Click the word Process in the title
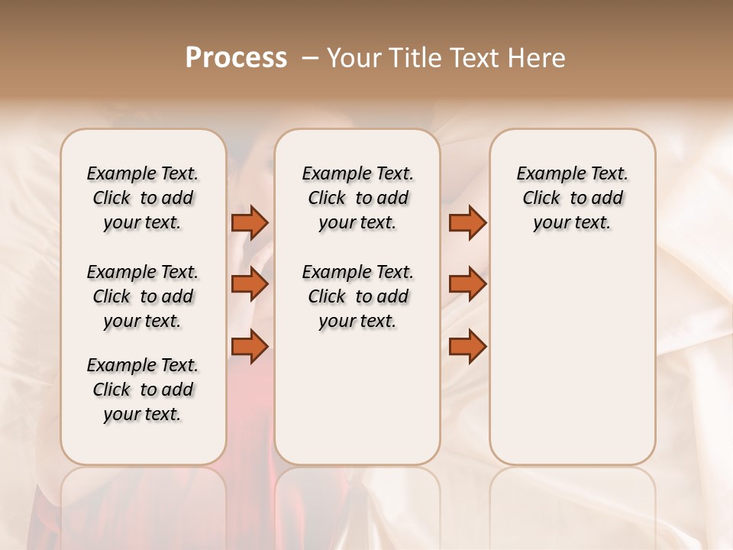pyautogui.click(x=236, y=58)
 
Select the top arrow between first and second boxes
pyautogui.click(x=250, y=222)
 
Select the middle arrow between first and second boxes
pyautogui.click(x=250, y=284)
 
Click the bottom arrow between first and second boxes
pyautogui.click(x=250, y=346)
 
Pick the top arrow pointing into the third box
pyautogui.click(x=467, y=222)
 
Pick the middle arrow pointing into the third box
pyautogui.click(x=467, y=284)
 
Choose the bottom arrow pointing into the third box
pyautogui.click(x=467, y=346)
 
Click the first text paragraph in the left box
pyautogui.click(x=143, y=198)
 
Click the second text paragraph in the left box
pyautogui.click(x=143, y=296)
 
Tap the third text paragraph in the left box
pyautogui.click(x=143, y=390)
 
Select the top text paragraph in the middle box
pyautogui.click(x=357, y=198)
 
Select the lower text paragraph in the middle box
pyautogui.click(x=357, y=296)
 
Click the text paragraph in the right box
pyautogui.click(x=572, y=198)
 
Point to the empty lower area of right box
pyautogui.click(x=572, y=367)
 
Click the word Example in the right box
pyautogui.click(x=546, y=174)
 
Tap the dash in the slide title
pyautogui.click(x=310, y=58)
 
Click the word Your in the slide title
pyautogui.click(x=352, y=58)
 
